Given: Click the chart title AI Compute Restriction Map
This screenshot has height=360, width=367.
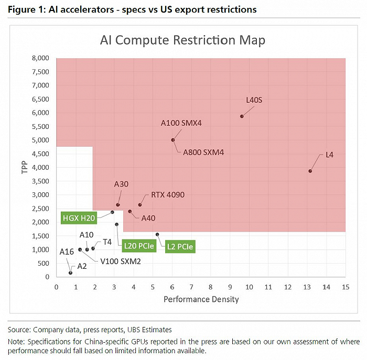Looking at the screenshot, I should click(x=183, y=40).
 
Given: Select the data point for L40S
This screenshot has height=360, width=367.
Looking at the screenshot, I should click(x=242, y=116).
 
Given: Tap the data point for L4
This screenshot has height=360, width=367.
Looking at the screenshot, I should click(x=310, y=171).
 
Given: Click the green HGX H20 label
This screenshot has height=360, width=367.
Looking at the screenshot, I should click(x=78, y=217).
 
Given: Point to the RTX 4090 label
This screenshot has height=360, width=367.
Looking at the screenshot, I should click(x=168, y=194).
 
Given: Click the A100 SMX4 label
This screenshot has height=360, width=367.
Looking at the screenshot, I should click(x=181, y=124).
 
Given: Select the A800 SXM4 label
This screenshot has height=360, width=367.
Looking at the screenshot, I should click(x=203, y=152).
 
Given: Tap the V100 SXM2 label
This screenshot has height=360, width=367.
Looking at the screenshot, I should click(x=120, y=260).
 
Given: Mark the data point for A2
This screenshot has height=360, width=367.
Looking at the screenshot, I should click(x=71, y=272).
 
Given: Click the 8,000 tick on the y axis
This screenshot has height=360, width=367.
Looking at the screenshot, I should click(x=41, y=58).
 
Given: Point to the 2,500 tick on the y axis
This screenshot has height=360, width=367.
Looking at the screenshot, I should click(x=41, y=209).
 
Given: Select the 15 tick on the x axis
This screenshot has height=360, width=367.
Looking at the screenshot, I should click(x=345, y=287).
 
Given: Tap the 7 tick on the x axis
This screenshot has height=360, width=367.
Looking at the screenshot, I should click(x=191, y=287).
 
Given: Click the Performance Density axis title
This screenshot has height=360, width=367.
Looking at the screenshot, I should click(x=201, y=299).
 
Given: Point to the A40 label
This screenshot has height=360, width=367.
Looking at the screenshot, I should click(x=148, y=217).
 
